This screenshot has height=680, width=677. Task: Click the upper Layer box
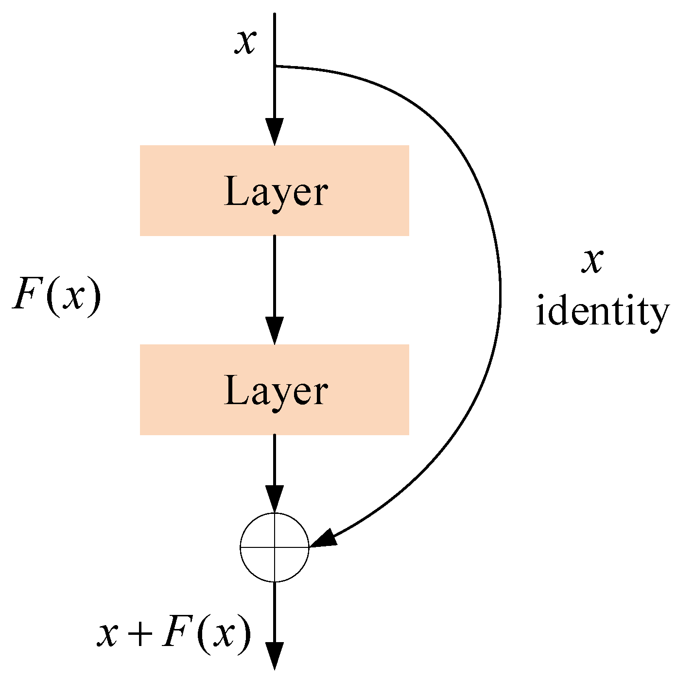pyautogui.click(x=274, y=190)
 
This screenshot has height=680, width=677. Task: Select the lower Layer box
pyautogui.click(x=274, y=390)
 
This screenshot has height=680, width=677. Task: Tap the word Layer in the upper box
pyautogui.click(x=276, y=192)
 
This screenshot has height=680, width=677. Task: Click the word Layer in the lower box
pyautogui.click(x=276, y=391)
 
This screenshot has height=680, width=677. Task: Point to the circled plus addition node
pyautogui.click(x=275, y=547)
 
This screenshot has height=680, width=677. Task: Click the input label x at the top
pyautogui.click(x=245, y=42)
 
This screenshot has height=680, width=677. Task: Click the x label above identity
pyautogui.click(x=593, y=262)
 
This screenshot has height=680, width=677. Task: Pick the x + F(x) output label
pyautogui.click(x=174, y=634)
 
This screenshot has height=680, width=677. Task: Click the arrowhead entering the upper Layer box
pyautogui.click(x=275, y=132)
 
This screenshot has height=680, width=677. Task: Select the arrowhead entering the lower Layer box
pyautogui.click(x=275, y=331)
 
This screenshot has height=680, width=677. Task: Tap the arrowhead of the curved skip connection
pyautogui.click(x=324, y=539)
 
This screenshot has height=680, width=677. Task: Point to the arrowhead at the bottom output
pyautogui.click(x=275, y=657)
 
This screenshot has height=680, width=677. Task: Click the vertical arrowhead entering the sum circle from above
pyautogui.click(x=275, y=499)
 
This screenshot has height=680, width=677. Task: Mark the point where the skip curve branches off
pyautogui.click(x=275, y=66)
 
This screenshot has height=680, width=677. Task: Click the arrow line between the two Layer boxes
pyautogui.click(x=275, y=277)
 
